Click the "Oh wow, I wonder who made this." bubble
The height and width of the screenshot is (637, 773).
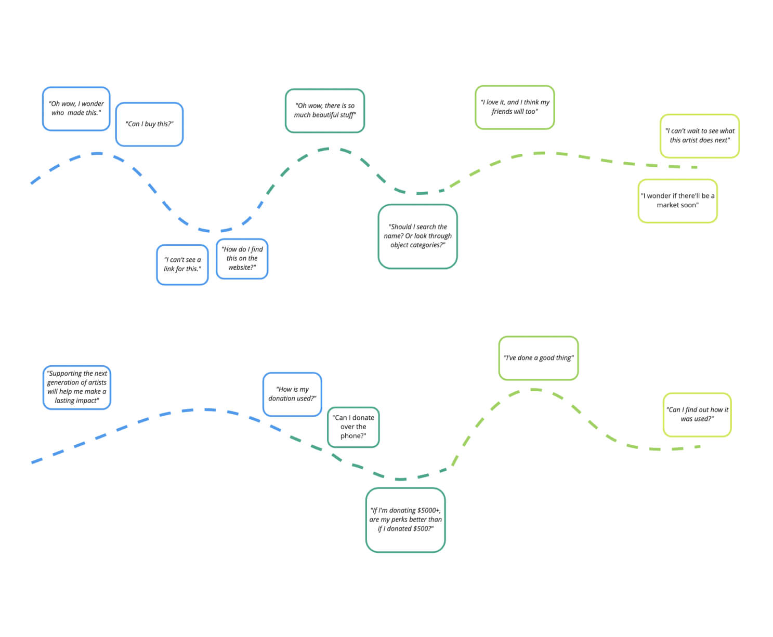76,109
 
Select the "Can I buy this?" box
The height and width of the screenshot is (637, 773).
149,124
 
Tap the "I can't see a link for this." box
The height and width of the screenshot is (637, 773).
182,264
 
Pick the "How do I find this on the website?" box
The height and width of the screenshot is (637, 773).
242,258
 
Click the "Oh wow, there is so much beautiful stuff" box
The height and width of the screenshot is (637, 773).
325,110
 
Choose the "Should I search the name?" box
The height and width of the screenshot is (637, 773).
417,236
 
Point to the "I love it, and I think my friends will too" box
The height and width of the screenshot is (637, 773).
515,107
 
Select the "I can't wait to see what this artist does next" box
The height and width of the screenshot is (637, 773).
699,136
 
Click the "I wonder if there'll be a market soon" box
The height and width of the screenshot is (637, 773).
677,200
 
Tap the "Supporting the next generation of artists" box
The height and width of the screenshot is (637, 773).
76,387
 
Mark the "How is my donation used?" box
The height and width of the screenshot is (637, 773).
292,394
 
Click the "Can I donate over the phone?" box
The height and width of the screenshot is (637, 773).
353,427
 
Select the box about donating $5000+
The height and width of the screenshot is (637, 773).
405,519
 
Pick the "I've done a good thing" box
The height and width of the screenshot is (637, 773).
538,357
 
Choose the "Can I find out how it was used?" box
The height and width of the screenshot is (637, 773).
697,414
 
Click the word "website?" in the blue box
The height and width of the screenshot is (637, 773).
242,267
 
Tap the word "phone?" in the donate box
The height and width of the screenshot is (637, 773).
353,435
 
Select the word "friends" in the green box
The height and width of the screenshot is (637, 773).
502,111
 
